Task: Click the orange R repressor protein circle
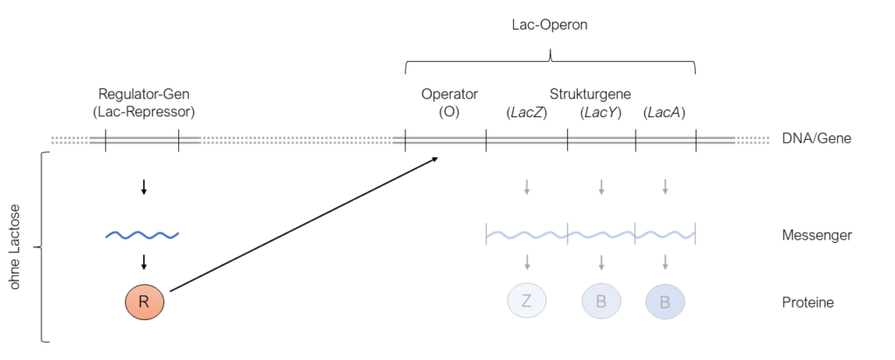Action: click(x=144, y=302)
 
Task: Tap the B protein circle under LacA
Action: click(x=665, y=302)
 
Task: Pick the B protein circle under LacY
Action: click(x=601, y=302)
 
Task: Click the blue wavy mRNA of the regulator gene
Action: click(x=142, y=235)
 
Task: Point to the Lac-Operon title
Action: click(x=550, y=25)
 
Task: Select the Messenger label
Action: click(x=817, y=235)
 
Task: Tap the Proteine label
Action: click(x=808, y=303)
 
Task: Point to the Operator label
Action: click(x=449, y=93)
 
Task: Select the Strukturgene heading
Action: click(x=590, y=93)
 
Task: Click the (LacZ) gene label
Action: click(x=526, y=112)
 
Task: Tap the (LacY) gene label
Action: click(x=600, y=112)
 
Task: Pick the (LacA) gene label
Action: click(x=664, y=112)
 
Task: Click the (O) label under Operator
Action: click(x=449, y=112)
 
